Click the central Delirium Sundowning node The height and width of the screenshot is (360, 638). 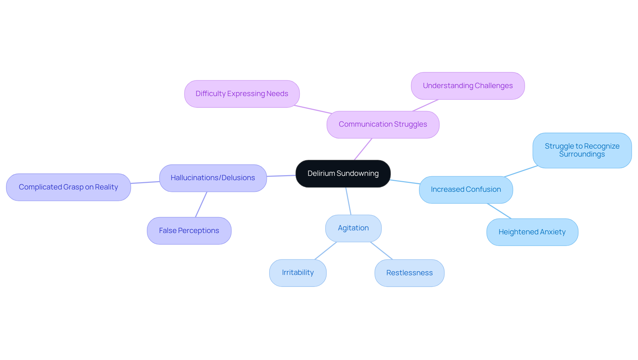[x=343, y=174]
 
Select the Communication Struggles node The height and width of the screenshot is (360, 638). [x=383, y=125]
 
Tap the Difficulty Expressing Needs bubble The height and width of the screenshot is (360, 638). [x=242, y=94]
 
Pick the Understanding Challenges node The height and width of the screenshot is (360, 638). [x=468, y=86]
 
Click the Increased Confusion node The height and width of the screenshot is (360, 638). [x=466, y=190]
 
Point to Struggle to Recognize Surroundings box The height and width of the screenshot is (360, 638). [x=582, y=151]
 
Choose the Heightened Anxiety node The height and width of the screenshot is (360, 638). [x=532, y=232]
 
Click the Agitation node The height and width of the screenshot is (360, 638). [x=353, y=228]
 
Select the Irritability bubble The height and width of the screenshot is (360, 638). [x=298, y=273]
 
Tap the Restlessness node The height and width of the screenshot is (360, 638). [x=409, y=273]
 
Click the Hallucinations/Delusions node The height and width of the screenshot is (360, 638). [x=213, y=178]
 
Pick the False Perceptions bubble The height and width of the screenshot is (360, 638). [x=189, y=231]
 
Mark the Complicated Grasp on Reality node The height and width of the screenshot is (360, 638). [x=68, y=187]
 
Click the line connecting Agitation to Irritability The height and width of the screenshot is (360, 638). [x=326, y=251]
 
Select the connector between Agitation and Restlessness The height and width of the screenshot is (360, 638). [x=381, y=251]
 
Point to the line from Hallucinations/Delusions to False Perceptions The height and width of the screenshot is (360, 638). [x=201, y=204]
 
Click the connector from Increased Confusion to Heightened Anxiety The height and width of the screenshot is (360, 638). [x=499, y=211]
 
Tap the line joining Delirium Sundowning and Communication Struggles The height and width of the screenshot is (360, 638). [x=363, y=149]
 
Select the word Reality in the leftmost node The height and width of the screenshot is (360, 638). [x=106, y=187]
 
